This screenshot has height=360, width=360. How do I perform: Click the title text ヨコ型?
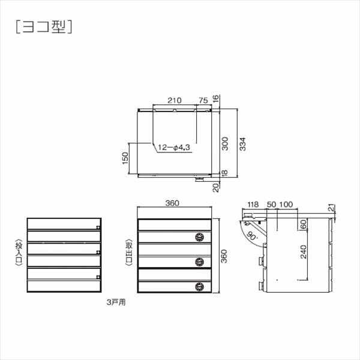point(43,26)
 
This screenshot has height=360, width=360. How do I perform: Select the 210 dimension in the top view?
point(175,100)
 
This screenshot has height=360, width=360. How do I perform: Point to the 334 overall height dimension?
point(243,144)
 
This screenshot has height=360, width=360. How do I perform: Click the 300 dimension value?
point(224,142)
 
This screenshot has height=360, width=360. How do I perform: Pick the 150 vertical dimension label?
point(125,157)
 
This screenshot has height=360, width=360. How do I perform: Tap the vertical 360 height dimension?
point(224,256)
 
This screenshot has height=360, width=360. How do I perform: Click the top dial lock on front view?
point(200,237)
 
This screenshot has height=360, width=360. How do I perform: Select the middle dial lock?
point(200,261)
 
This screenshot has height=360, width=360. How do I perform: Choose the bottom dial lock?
point(200,286)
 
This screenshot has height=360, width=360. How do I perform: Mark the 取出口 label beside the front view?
point(128,256)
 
